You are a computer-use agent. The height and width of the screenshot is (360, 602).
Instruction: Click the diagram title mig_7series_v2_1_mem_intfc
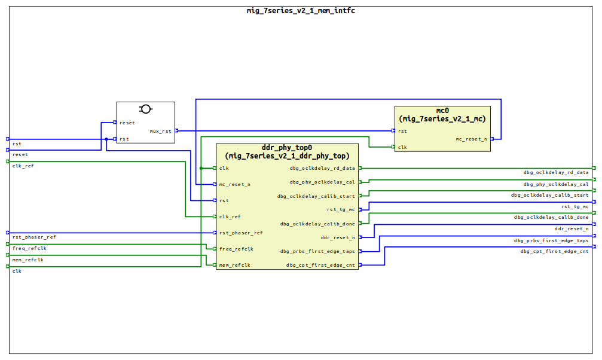click(x=301, y=10)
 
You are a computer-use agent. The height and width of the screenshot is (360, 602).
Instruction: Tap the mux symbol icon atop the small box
click(x=145, y=109)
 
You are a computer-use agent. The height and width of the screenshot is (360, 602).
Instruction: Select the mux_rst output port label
click(x=160, y=131)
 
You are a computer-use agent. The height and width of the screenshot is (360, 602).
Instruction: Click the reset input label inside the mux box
click(x=127, y=123)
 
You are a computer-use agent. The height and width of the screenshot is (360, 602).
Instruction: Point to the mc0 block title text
click(x=442, y=111)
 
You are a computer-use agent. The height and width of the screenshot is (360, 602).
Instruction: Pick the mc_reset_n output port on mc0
click(x=471, y=139)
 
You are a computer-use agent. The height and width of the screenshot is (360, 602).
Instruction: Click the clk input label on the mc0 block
click(x=402, y=147)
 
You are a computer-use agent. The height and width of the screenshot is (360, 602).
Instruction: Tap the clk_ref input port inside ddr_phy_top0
click(x=230, y=216)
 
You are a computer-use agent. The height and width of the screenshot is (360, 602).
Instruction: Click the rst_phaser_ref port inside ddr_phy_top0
click(x=240, y=233)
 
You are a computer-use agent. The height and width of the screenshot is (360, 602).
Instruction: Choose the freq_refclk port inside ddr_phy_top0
click(x=236, y=249)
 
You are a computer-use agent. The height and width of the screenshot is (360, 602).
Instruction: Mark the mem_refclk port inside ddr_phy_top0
click(x=235, y=265)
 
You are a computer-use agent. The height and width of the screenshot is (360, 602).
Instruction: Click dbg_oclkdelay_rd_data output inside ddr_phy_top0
click(x=322, y=168)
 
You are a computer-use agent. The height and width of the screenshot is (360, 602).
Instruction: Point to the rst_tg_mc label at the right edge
click(x=575, y=206)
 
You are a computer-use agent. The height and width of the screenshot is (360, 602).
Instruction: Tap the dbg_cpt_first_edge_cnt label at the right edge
click(x=554, y=251)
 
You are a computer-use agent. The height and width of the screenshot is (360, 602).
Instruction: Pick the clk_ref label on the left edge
click(x=23, y=166)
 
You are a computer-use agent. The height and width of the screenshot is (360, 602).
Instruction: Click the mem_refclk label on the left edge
click(x=27, y=260)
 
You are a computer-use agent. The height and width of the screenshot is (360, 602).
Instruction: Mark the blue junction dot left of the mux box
click(x=106, y=139)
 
